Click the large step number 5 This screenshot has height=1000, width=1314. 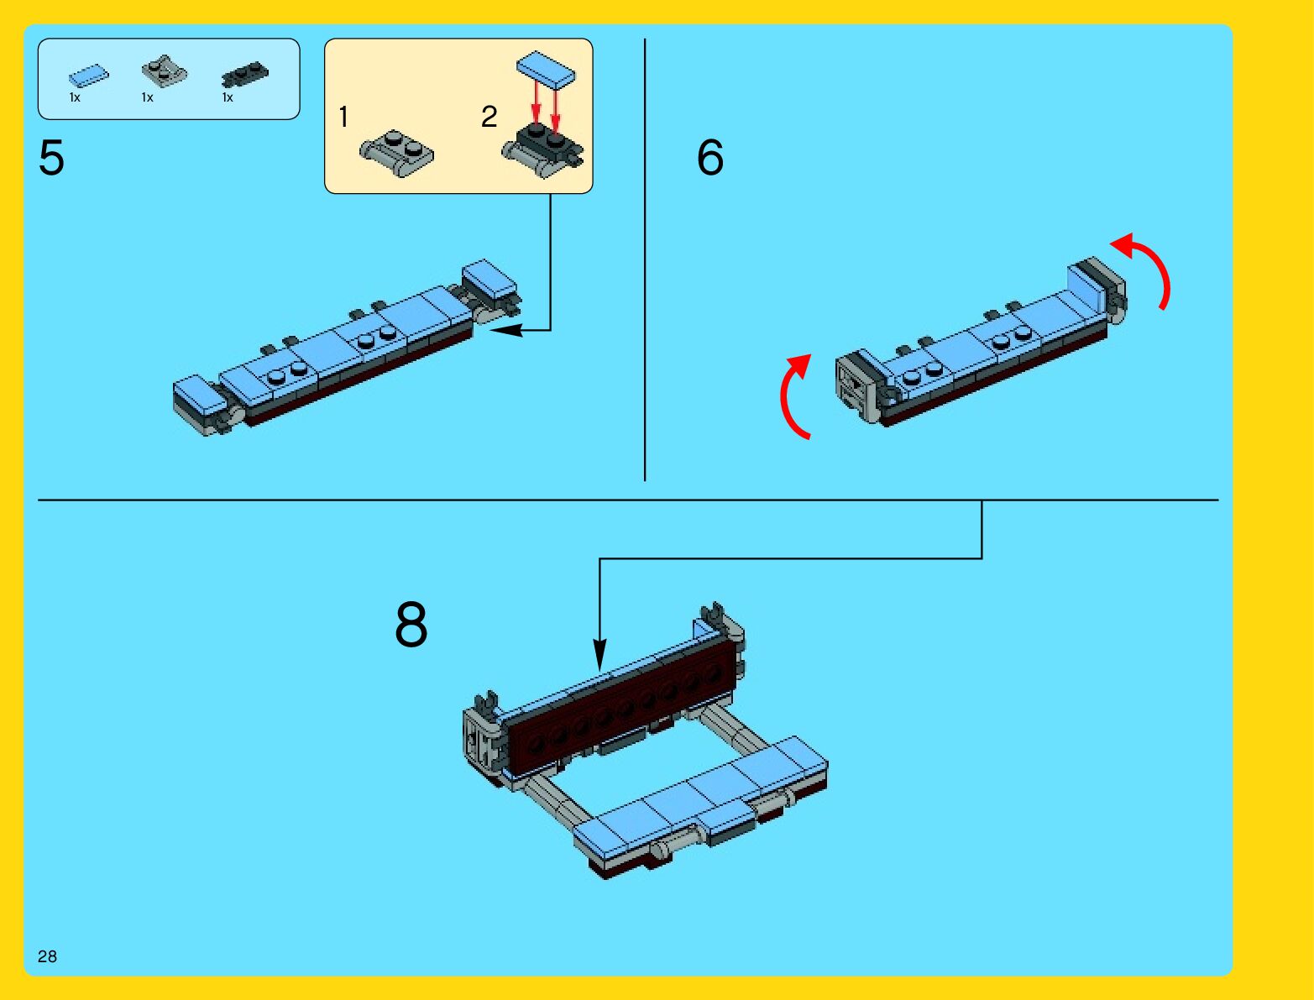(x=51, y=157)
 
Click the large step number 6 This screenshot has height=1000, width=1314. (x=710, y=157)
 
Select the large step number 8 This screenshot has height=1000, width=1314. (x=411, y=625)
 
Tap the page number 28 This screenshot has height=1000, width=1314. (x=47, y=956)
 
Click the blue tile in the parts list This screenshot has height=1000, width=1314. (x=89, y=76)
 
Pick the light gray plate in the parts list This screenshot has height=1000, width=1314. (x=164, y=71)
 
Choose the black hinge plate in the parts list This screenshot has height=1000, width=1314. (x=245, y=74)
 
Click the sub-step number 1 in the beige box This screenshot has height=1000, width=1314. (x=343, y=117)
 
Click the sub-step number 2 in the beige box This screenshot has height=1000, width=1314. (x=489, y=117)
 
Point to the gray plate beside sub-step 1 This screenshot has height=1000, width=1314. (x=397, y=153)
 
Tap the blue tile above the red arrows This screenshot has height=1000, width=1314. (x=546, y=70)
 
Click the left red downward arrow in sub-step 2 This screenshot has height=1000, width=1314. (x=537, y=105)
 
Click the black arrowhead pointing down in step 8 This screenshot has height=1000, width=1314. (x=599, y=655)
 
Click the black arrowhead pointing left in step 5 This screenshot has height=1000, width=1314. (x=506, y=330)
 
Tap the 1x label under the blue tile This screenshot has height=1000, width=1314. (x=75, y=97)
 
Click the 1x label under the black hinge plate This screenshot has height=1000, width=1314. (x=228, y=97)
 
